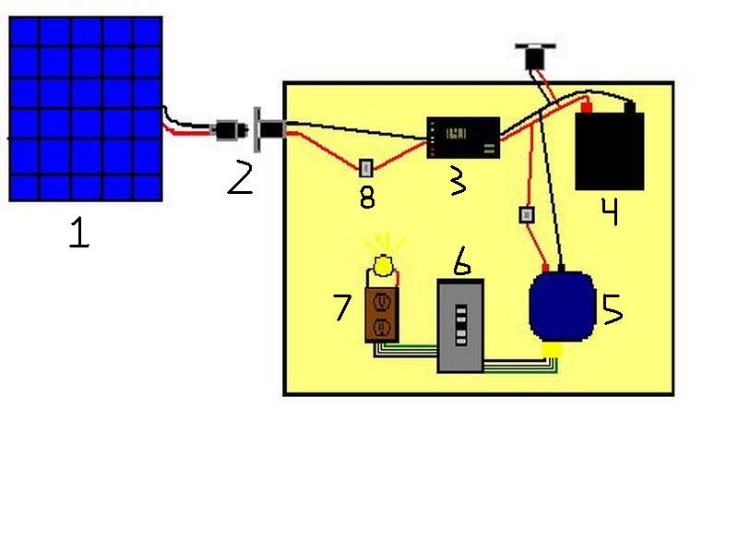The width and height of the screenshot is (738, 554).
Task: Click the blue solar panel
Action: click(86, 109)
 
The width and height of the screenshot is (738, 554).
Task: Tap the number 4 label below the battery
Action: click(609, 211)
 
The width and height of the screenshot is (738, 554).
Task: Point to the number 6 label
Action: click(462, 262)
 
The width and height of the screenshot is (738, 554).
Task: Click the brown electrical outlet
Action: click(381, 314)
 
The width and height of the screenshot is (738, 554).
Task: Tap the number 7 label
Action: click(342, 306)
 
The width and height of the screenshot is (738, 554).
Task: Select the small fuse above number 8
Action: click(366, 168)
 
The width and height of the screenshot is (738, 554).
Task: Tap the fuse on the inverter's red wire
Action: click(528, 215)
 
